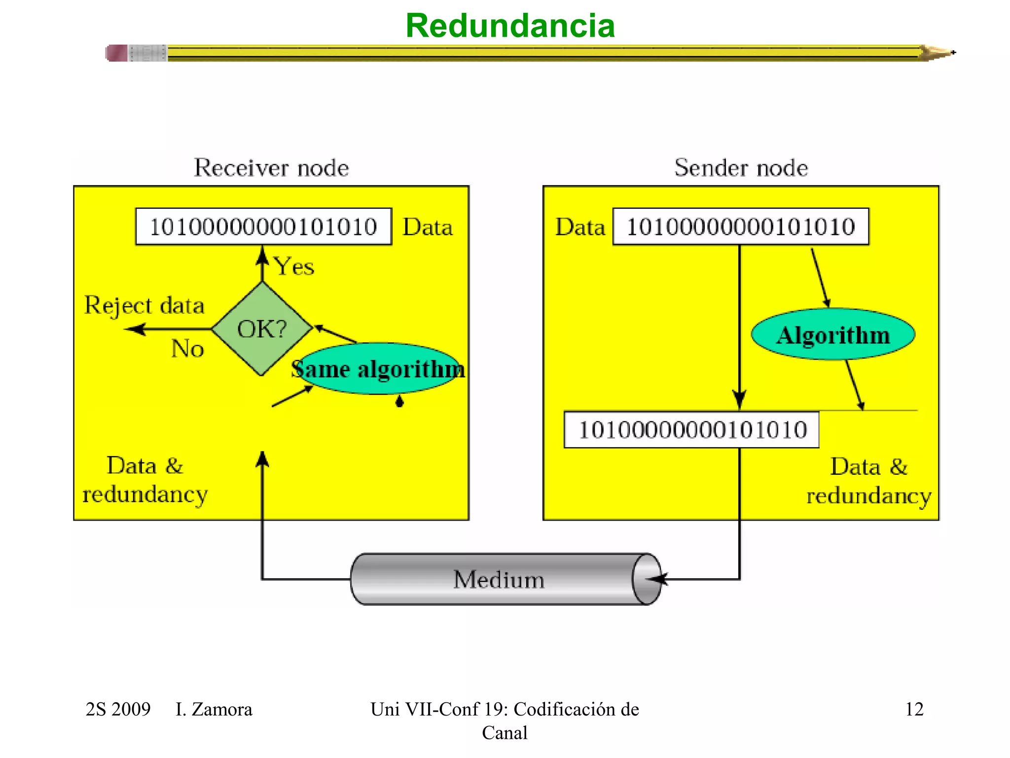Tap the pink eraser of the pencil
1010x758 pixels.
coord(117,53)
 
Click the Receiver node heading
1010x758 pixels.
coord(271,168)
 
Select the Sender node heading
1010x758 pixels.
coord(741,168)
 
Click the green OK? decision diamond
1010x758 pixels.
coord(262,329)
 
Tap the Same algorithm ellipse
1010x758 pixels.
coord(377,369)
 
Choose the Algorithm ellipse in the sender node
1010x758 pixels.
coord(833,335)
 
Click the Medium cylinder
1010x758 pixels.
coord(499,579)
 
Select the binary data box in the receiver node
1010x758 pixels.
coord(263,227)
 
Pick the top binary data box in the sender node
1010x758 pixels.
coord(740,227)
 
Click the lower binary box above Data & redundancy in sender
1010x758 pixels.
coord(691,430)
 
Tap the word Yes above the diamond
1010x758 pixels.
coord(294,266)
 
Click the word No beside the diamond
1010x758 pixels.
coord(187,349)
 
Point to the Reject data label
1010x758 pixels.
coord(144,305)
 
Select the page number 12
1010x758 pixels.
coord(914,709)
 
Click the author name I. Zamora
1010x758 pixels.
coord(214,709)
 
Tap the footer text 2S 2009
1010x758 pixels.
coord(118,709)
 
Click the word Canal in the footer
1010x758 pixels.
coord(505,733)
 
